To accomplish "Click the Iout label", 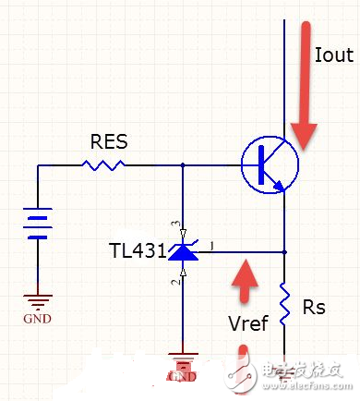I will tap(333, 55).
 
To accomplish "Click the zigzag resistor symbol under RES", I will tap(103, 165).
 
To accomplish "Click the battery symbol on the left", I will tap(37, 225).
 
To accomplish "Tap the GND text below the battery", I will tap(36, 320).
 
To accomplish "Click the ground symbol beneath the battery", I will tap(37, 300).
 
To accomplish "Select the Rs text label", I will tap(315, 307).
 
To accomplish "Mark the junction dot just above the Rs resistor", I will tap(284, 251).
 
